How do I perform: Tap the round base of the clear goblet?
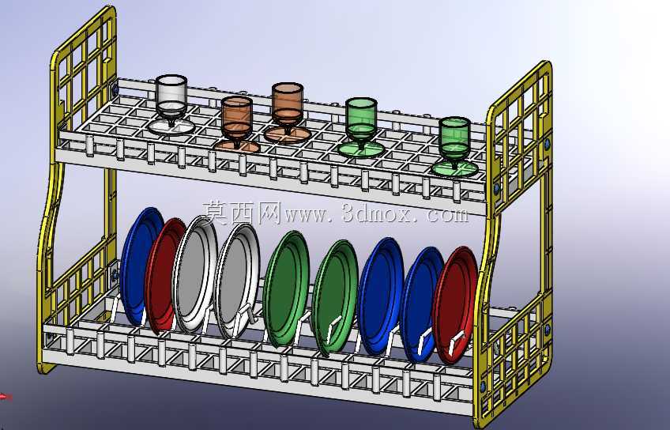(x=171, y=127)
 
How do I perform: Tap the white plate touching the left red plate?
(x=194, y=273)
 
